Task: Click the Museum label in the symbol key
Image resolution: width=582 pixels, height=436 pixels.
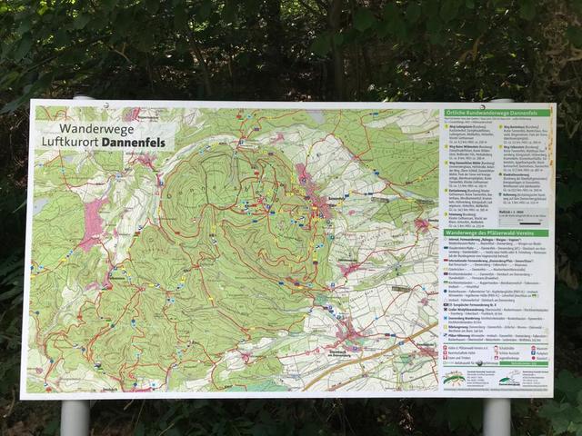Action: click(536, 347)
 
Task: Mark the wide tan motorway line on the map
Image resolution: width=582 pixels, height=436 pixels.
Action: click(382, 354)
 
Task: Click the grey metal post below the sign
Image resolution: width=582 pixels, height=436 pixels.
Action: click(75, 417)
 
